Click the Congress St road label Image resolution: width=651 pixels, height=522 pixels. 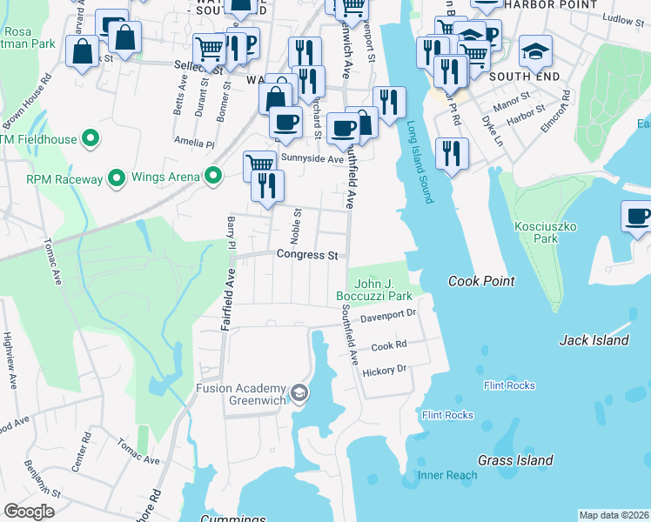tap(306, 255)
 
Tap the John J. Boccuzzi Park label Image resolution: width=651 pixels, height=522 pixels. tap(381, 289)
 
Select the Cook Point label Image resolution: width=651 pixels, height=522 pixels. tap(481, 281)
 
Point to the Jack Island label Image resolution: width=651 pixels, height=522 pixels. tap(594, 340)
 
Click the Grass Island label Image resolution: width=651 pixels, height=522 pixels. tap(515, 459)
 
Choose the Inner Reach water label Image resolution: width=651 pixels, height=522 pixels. tap(447, 475)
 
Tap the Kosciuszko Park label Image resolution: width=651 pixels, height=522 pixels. tap(547, 231)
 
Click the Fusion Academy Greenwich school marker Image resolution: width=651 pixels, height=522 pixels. tap(299, 394)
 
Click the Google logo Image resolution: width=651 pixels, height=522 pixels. tap(29, 511)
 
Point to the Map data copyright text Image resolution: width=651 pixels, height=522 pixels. tap(614, 515)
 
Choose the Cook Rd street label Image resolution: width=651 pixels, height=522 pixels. tap(389, 345)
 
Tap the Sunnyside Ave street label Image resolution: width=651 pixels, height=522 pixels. tap(312, 159)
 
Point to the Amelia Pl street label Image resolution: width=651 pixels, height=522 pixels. tap(194, 142)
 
